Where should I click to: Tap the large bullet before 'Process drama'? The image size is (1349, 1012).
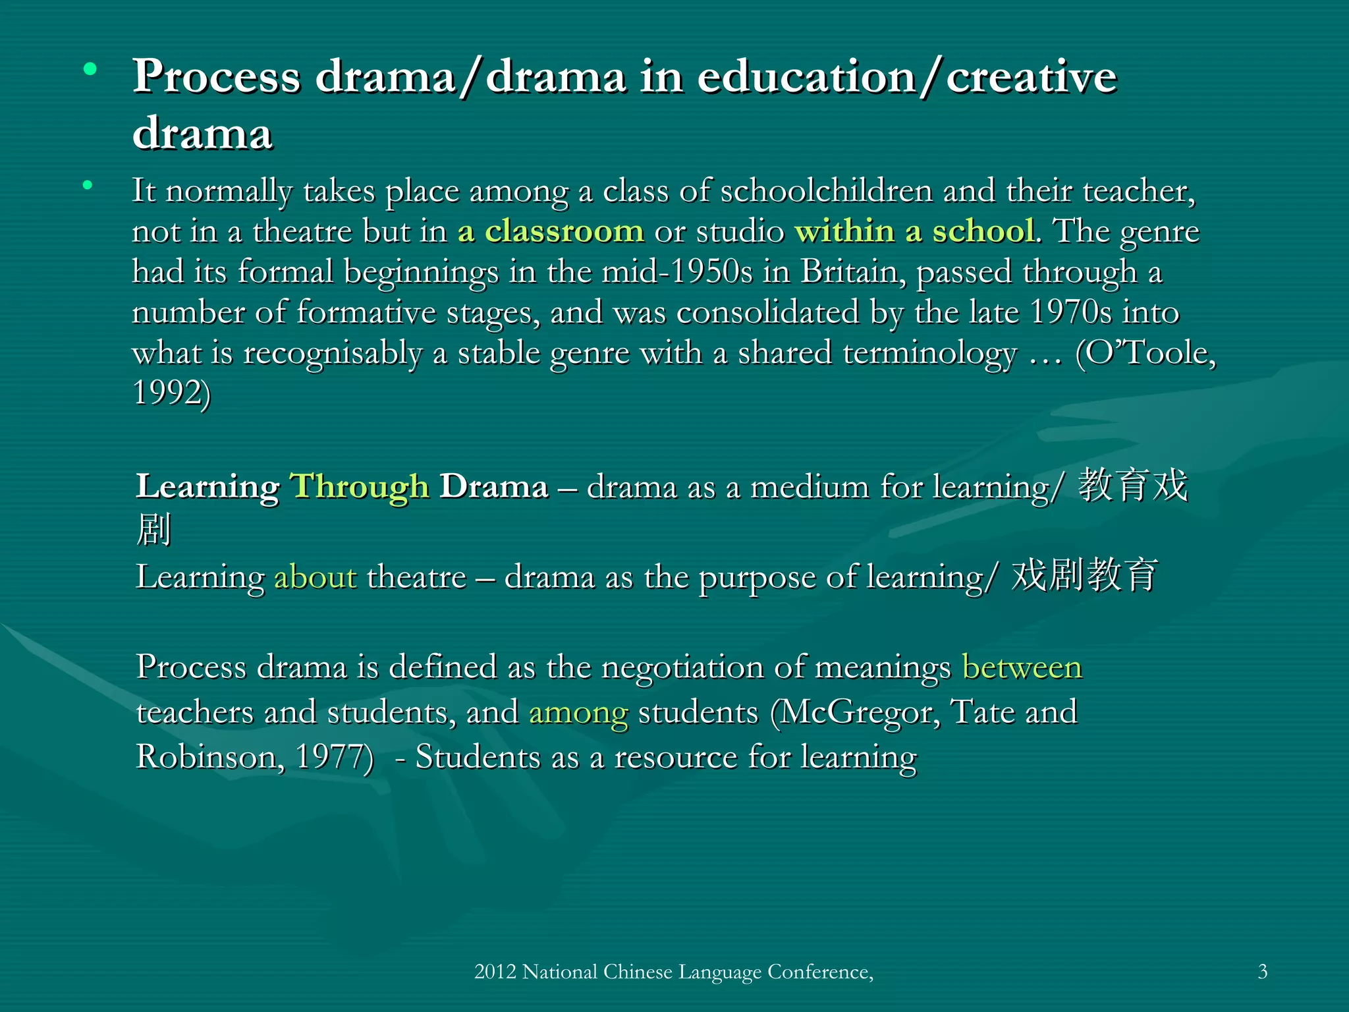(x=90, y=69)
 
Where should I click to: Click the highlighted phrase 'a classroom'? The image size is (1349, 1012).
(x=551, y=231)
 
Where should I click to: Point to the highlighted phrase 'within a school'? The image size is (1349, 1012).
(x=914, y=231)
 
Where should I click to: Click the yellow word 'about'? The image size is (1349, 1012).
(x=315, y=577)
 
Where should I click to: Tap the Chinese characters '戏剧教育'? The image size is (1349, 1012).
(x=1084, y=575)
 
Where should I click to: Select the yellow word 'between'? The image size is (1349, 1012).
(x=1022, y=667)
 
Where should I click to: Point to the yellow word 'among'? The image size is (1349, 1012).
(x=578, y=713)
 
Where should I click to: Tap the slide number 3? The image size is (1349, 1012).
(x=1262, y=972)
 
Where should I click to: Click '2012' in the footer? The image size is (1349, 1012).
(x=495, y=972)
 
